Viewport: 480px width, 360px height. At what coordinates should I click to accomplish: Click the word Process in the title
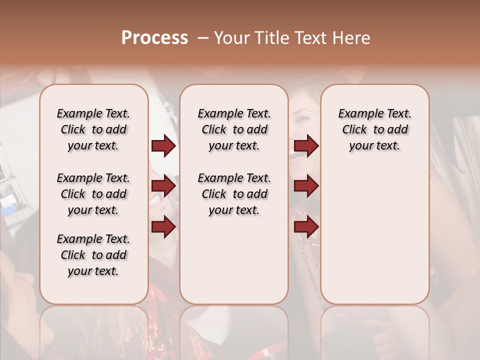point(154,38)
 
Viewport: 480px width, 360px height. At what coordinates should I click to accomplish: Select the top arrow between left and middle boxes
point(163,146)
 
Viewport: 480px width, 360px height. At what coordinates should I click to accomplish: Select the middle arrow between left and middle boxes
point(163,186)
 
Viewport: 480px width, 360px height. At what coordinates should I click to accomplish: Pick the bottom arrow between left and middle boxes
point(163,227)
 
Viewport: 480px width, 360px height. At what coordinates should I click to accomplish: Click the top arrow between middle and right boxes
point(306,146)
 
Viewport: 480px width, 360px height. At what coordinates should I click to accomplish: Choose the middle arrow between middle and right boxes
point(306,186)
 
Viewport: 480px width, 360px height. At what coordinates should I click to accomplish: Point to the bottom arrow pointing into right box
point(306,227)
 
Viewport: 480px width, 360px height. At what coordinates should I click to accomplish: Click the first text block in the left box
point(93,129)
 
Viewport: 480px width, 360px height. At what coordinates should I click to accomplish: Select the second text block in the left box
point(93,194)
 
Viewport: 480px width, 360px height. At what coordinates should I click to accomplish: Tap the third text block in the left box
point(93,255)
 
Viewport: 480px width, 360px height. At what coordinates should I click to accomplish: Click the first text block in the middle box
point(234,129)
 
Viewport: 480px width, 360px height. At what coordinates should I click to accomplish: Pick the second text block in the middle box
point(234,194)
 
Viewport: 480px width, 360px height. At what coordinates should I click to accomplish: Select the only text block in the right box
point(374,129)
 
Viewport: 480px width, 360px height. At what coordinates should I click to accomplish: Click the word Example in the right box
point(356,114)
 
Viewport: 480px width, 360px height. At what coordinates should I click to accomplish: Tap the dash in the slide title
point(203,38)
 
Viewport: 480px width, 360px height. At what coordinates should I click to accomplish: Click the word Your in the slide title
point(231,38)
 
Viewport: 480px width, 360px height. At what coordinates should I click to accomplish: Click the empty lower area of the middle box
point(234,260)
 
